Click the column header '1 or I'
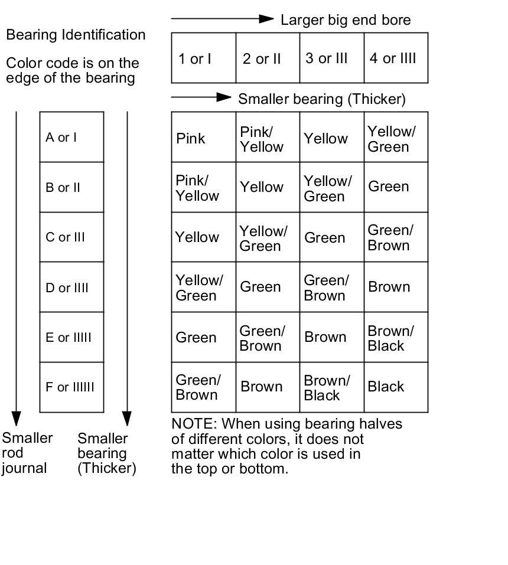[x=196, y=58]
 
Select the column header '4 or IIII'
[x=393, y=58]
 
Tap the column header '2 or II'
[x=262, y=58]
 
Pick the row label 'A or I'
[x=61, y=138]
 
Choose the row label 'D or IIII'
[x=67, y=288]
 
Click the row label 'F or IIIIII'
[x=70, y=387]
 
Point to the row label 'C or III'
[x=65, y=237]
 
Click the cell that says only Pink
[x=191, y=139]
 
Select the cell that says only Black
[x=386, y=387]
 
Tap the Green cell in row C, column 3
[x=324, y=238]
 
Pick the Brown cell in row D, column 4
[x=389, y=287]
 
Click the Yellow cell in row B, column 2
[x=262, y=187]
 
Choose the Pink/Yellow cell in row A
[x=262, y=139]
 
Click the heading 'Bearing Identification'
[x=76, y=35]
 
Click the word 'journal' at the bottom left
[x=24, y=469]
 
